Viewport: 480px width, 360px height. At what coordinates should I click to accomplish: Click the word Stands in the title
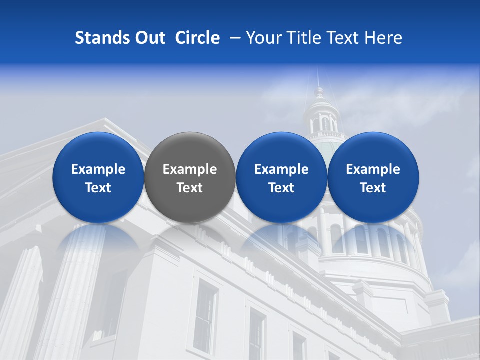[x=97, y=38]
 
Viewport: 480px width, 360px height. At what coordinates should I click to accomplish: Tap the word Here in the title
[x=383, y=38]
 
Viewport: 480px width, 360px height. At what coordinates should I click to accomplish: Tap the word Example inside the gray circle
[x=190, y=169]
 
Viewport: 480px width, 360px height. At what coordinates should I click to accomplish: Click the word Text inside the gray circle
[x=190, y=188]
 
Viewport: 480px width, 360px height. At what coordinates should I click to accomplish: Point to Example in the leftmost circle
[x=98, y=169]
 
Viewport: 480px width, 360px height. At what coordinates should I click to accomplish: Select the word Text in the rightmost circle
[x=373, y=188]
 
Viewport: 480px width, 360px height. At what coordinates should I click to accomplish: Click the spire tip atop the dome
[x=317, y=70]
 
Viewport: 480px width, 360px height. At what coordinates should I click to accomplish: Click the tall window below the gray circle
[x=205, y=310]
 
